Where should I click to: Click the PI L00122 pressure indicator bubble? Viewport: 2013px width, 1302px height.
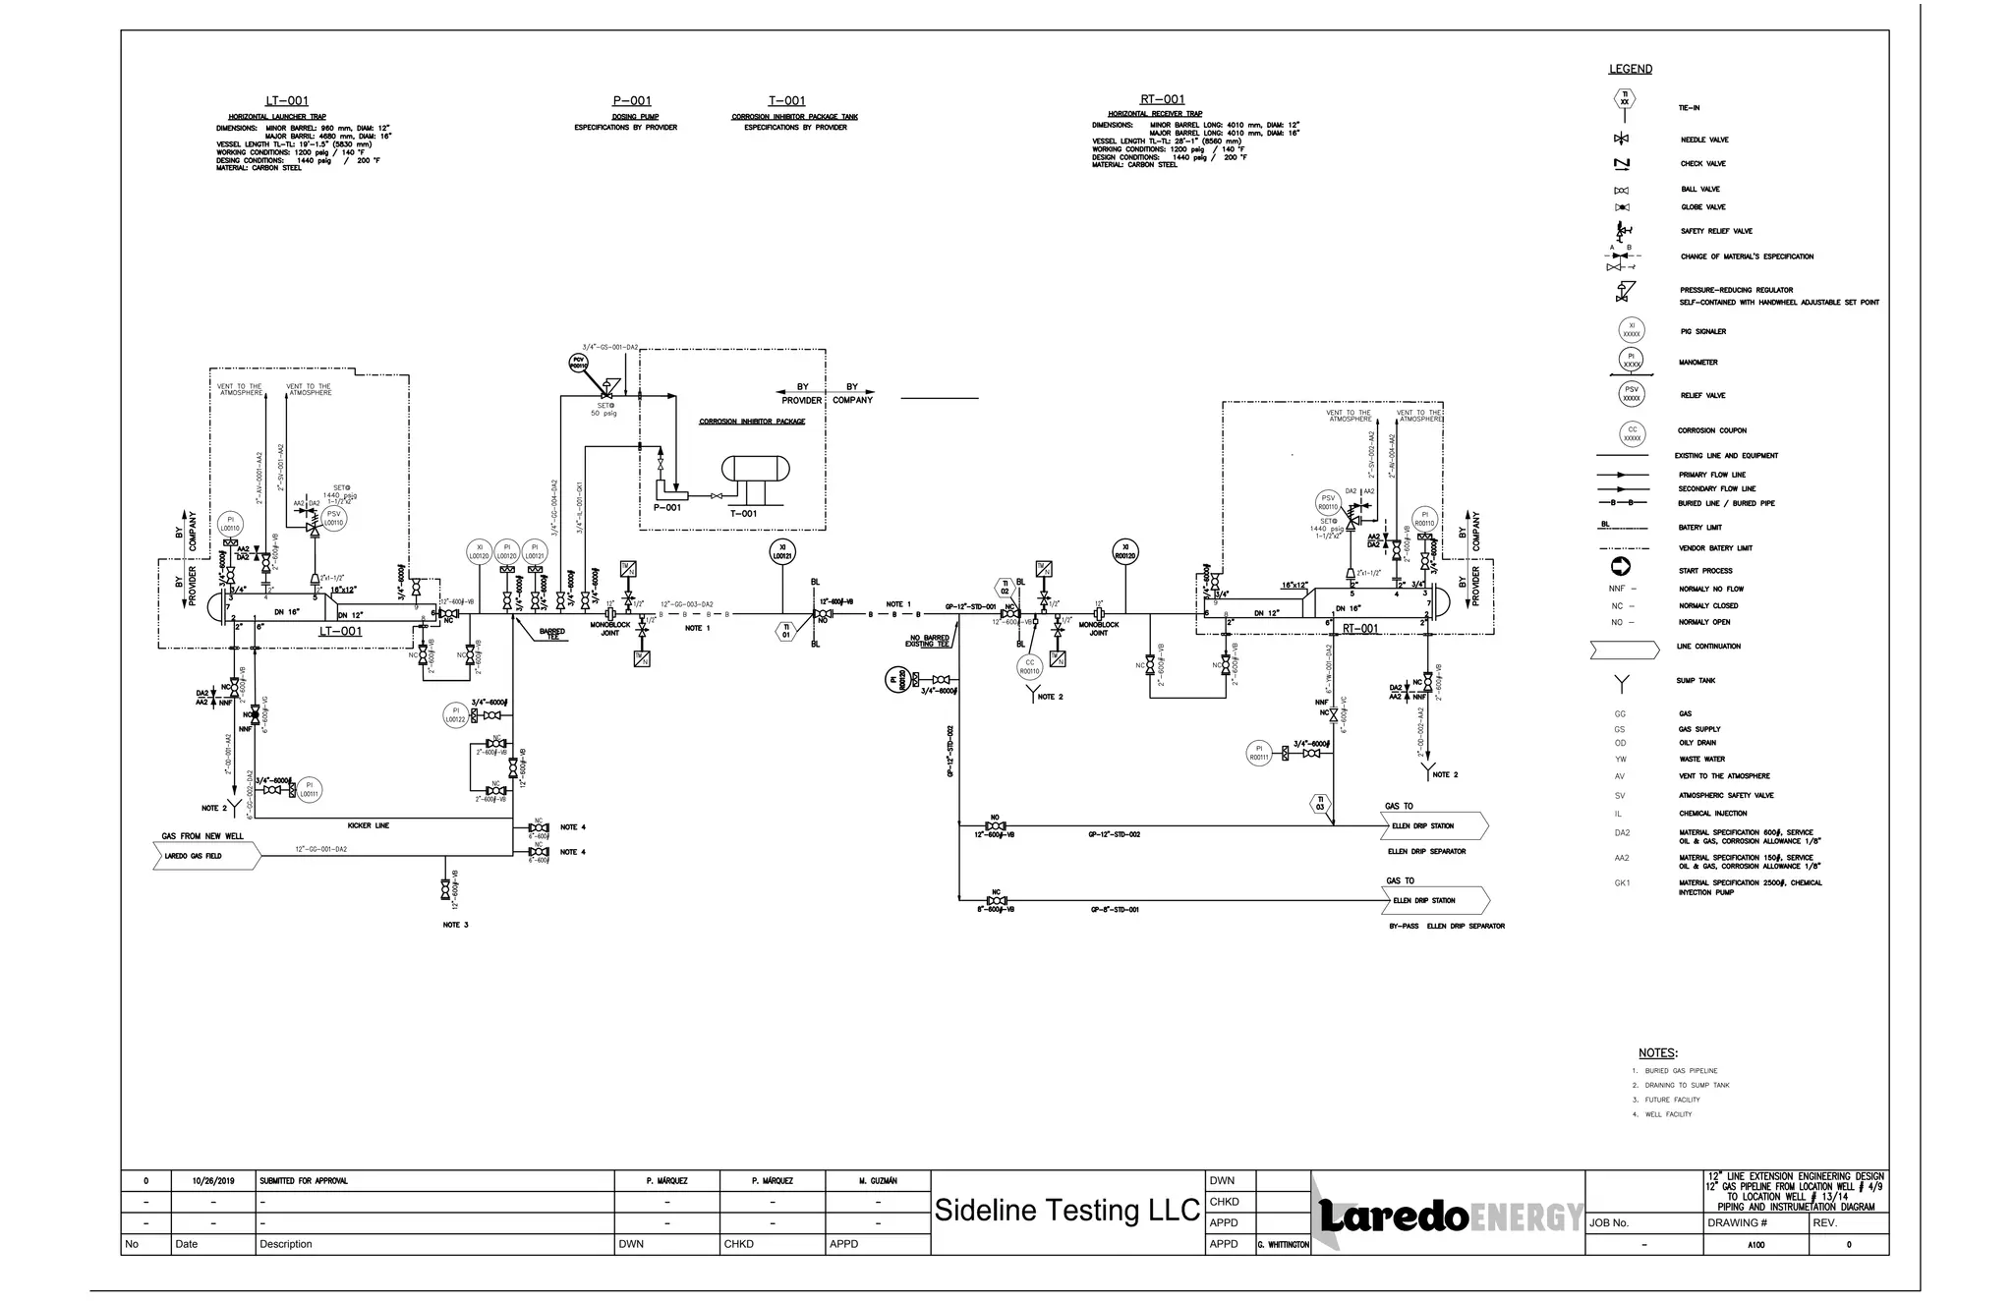tap(455, 714)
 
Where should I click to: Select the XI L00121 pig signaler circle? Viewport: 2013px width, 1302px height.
tap(782, 552)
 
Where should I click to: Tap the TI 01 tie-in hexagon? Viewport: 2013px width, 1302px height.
tap(785, 631)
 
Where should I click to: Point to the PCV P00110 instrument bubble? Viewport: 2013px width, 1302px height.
tap(579, 363)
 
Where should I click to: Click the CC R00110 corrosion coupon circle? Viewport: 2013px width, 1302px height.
tap(1029, 667)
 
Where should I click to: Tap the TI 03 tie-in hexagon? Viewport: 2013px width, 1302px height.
tap(1320, 803)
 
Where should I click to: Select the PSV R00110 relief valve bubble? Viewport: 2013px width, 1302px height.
tap(1328, 503)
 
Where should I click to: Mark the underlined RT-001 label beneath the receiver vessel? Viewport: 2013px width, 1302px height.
tap(1360, 629)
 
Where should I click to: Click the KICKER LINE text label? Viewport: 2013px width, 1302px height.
tap(369, 825)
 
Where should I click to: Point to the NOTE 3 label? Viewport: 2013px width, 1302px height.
tap(455, 925)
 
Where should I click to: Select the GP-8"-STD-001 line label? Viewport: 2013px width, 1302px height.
tap(1115, 910)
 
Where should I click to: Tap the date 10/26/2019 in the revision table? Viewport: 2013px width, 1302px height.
tap(212, 1180)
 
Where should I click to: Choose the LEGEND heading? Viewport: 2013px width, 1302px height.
tap(1630, 69)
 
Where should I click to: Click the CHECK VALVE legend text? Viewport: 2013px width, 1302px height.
tap(1702, 164)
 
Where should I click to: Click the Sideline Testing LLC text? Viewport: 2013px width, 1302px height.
tap(1066, 1211)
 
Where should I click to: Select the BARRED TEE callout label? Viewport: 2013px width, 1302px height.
tap(552, 633)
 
